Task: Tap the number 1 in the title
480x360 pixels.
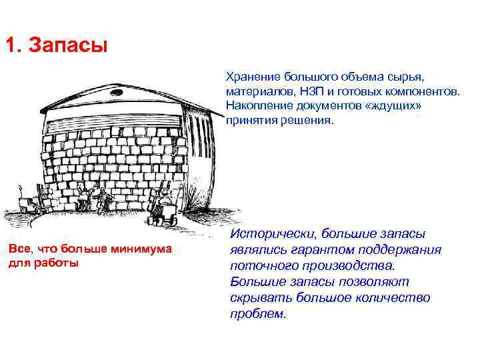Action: pyautogui.click(x=11, y=47)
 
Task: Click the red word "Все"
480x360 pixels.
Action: pyautogui.click(x=18, y=249)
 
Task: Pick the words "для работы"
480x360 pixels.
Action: pyautogui.click(x=43, y=263)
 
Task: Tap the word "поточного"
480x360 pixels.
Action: pyautogui.click(x=261, y=266)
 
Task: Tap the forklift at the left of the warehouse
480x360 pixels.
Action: pyautogui.click(x=27, y=204)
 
